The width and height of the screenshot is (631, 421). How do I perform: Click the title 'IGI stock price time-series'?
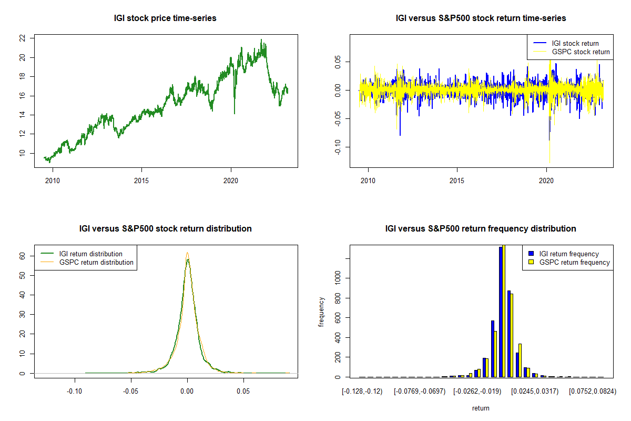(165, 18)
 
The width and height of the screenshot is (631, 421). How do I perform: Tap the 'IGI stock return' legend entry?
(575, 43)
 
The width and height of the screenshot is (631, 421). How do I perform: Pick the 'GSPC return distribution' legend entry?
(96, 262)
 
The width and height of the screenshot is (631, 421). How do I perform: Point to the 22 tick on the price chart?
(22, 38)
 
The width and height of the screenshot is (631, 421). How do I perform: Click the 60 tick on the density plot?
(22, 256)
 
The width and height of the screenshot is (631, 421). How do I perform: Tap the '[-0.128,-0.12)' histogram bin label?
(362, 392)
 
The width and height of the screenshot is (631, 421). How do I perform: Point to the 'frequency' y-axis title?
(322, 312)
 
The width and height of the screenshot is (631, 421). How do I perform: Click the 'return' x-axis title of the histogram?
(481, 408)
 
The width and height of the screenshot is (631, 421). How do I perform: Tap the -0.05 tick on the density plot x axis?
(131, 392)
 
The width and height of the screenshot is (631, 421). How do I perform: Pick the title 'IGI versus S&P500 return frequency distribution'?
(481, 229)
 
